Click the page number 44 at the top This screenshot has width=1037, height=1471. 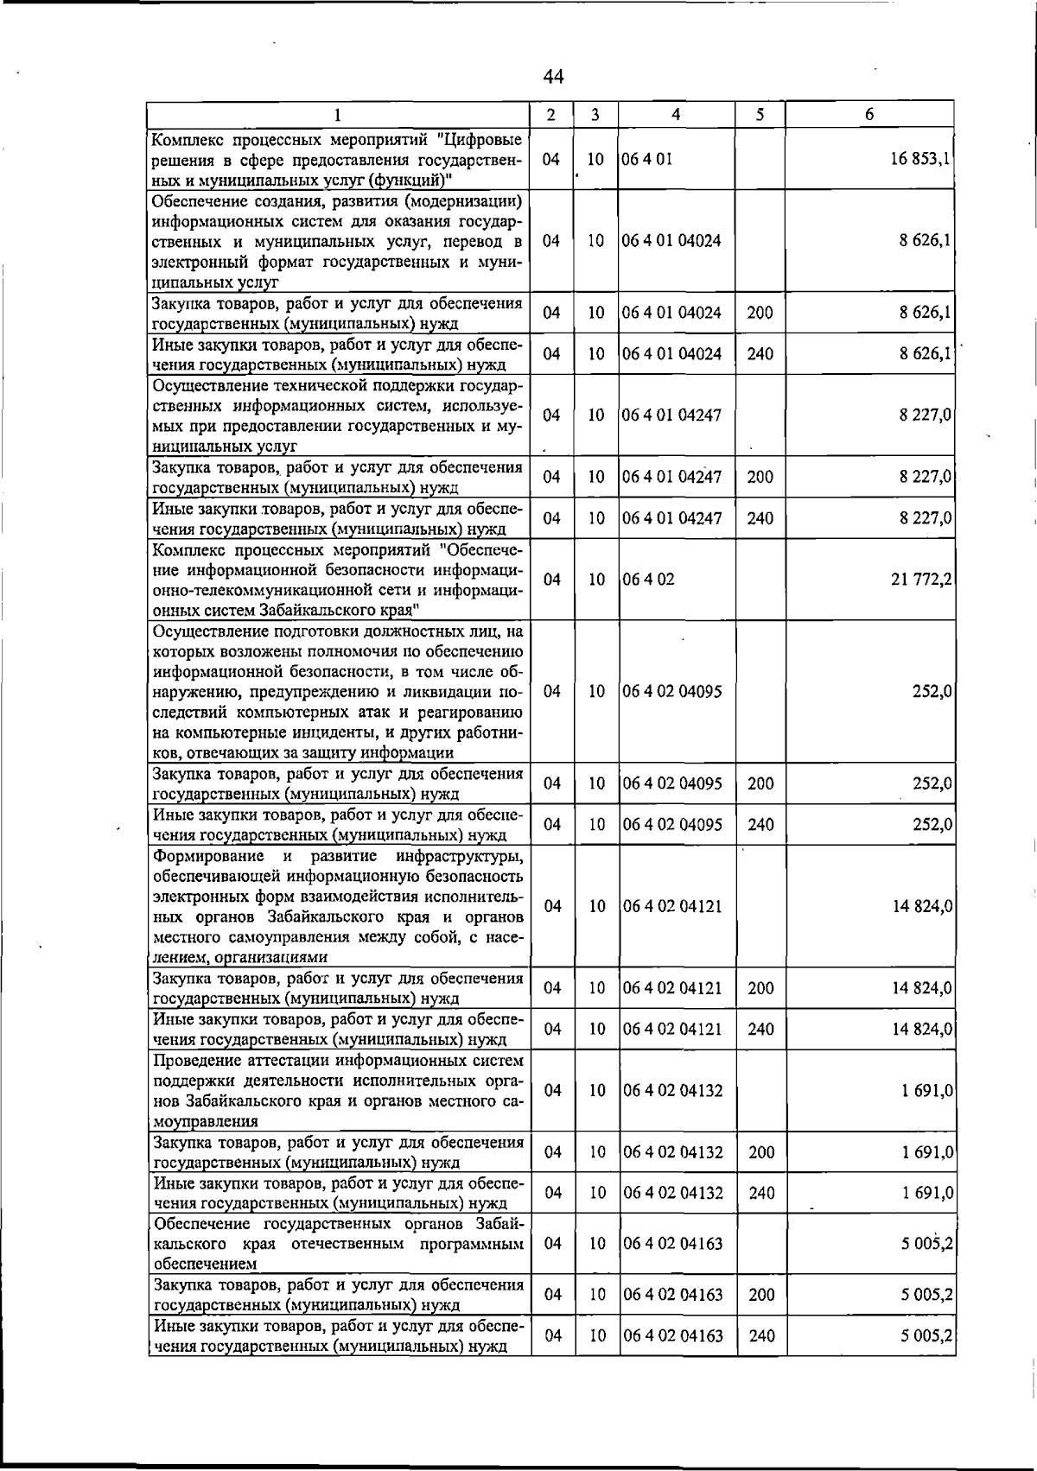[x=554, y=78]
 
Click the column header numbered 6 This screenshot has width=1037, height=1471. [x=869, y=115]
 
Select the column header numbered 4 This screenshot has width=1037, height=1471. [x=676, y=115]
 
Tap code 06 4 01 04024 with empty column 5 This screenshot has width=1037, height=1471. [x=671, y=241]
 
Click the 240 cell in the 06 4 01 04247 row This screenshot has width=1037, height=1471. [x=760, y=518]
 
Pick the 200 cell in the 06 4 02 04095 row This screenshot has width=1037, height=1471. [x=760, y=783]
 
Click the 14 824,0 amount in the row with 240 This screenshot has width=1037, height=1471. [x=922, y=1029]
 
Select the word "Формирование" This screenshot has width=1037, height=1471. [x=208, y=856]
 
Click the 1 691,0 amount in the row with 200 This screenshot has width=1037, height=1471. [x=926, y=1152]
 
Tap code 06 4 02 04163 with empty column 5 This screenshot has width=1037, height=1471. [x=672, y=1243]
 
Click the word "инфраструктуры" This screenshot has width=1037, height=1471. [x=460, y=856]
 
